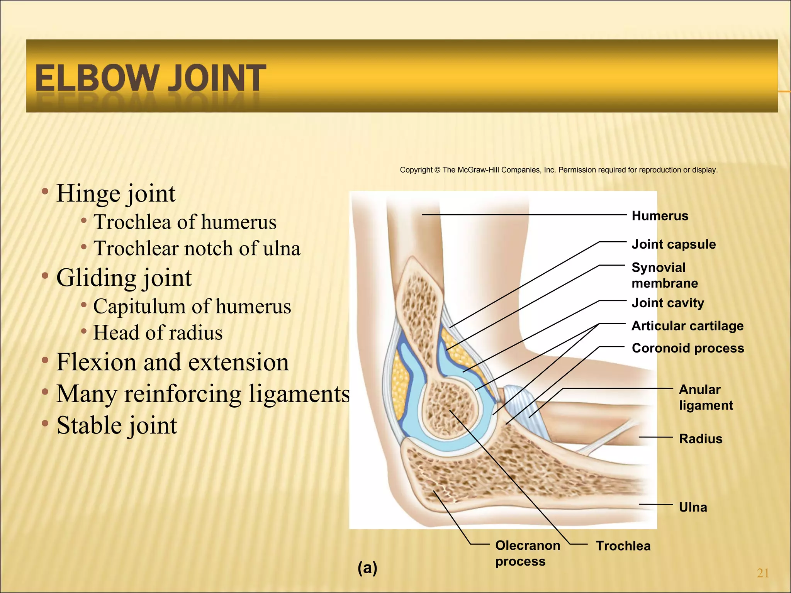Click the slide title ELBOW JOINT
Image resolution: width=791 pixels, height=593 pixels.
151,78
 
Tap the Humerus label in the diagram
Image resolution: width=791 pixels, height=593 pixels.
660,216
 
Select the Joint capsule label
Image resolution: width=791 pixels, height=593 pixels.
674,244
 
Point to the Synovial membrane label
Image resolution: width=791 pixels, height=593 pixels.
664,275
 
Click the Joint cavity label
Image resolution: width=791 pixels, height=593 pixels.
668,303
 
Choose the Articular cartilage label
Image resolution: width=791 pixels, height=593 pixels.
687,326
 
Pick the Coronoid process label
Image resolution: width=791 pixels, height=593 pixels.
688,348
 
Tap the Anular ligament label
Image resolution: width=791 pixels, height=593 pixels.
706,397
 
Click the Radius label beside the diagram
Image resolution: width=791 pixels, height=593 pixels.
701,439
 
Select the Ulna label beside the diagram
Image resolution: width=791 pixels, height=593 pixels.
693,507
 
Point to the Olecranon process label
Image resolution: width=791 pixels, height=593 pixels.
527,553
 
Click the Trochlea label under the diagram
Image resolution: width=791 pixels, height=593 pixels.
623,546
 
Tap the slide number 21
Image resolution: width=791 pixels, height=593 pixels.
763,573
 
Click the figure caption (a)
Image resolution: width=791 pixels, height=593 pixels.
367,568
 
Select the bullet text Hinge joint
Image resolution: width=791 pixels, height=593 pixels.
116,193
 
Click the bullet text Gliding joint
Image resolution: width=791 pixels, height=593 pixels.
124,278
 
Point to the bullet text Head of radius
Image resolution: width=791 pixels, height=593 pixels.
158,333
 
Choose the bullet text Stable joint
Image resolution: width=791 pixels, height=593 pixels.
117,425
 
